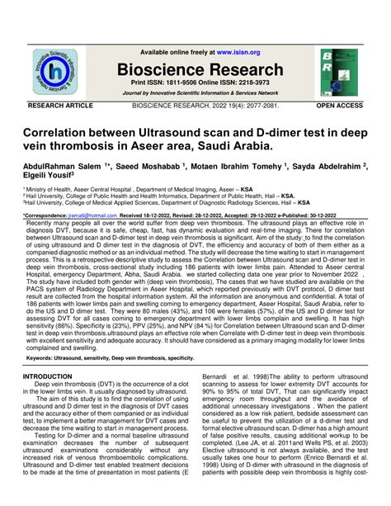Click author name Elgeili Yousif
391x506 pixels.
tap(46, 177)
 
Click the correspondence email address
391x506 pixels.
tap(92, 215)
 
